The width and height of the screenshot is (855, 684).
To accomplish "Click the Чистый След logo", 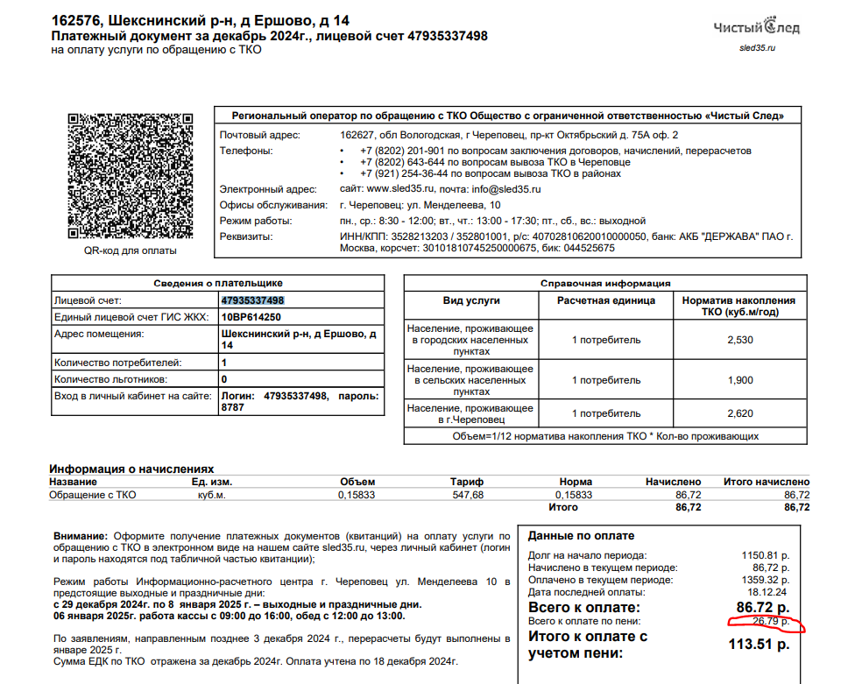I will [756, 28].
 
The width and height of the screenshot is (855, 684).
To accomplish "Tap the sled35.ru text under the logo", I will [758, 47].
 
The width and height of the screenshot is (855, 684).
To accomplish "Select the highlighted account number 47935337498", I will [253, 300].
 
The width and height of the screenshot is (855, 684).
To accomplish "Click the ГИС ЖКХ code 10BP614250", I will [251, 317].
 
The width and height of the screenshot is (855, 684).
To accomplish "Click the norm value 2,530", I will [739, 340].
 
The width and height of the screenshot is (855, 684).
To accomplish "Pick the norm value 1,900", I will [739, 380].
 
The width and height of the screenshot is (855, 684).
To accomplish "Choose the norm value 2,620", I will [739, 413].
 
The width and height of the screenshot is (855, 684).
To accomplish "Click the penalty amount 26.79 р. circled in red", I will [767, 622].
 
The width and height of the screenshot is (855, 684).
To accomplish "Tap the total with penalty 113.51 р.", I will [760, 645].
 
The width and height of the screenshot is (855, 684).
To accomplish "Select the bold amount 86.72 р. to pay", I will [762, 606].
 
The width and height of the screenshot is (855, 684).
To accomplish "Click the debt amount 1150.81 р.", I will [765, 555].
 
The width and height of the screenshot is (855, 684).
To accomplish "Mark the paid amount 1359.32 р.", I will [765, 580].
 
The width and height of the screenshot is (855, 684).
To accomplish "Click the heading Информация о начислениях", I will [131, 469].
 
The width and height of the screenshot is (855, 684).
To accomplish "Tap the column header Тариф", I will [467, 482].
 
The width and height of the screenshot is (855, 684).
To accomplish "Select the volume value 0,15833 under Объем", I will [357, 495].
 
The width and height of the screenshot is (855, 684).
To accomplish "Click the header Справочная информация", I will [605, 283].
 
